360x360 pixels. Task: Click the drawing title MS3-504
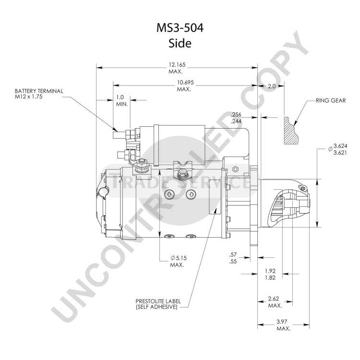coord(180,28)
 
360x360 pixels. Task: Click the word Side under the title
coord(180,43)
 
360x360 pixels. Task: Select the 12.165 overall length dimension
coord(177,65)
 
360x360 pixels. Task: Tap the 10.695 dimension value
coord(185,82)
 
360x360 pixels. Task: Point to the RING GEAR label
coord(331,101)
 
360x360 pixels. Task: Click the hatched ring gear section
coord(291,131)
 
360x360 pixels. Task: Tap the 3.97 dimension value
coord(282,322)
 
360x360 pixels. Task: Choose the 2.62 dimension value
coord(274,299)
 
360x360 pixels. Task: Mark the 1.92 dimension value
coord(270,271)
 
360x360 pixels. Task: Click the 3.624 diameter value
coord(340,146)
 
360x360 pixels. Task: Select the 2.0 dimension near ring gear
coord(272,86)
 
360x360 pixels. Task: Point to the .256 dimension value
coord(236,114)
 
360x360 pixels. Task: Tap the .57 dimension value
coord(233,254)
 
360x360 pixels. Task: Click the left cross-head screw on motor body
coord(169,195)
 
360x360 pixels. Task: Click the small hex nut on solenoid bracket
coord(235,169)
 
